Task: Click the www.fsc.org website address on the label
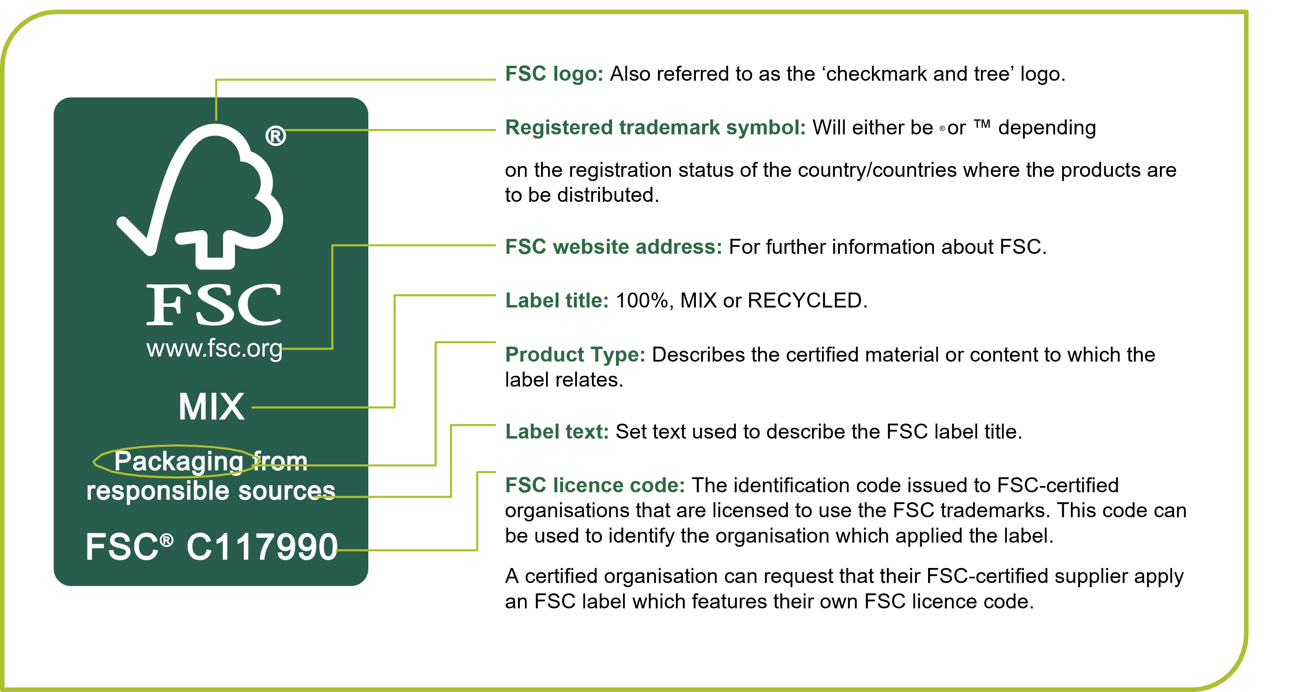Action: [x=214, y=349]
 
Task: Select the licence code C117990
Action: [x=262, y=548]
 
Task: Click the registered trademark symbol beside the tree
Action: [x=276, y=136]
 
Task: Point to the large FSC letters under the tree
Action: [x=214, y=305]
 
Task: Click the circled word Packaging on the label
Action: [x=178, y=461]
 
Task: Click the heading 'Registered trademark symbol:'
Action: [x=655, y=128]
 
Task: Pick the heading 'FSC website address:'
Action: [x=613, y=247]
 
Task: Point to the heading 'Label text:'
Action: [x=557, y=432]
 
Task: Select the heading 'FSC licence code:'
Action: [x=594, y=486]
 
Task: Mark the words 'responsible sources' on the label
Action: [x=211, y=491]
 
